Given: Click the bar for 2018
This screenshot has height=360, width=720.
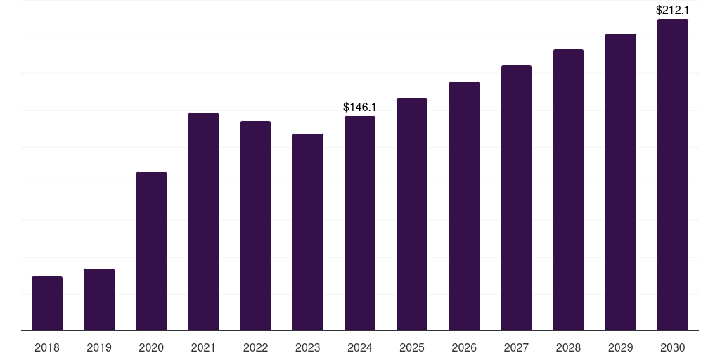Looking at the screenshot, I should (x=47, y=304).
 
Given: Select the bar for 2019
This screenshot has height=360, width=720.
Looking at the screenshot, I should (x=99, y=300).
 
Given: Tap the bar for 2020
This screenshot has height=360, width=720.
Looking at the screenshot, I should (x=151, y=251).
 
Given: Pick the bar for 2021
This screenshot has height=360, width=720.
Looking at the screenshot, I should (x=203, y=221).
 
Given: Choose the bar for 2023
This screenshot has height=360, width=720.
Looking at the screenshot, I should (x=308, y=232).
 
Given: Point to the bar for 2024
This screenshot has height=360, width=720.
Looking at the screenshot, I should (x=360, y=224).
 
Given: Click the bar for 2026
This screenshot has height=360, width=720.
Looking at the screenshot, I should (x=464, y=206).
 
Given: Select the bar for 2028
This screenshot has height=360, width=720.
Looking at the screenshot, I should (x=568, y=190).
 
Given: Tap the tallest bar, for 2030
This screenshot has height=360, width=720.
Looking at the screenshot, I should (x=673, y=175).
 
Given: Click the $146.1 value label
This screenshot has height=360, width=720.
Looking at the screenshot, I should (x=360, y=108).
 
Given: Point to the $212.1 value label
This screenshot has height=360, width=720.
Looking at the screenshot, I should (x=673, y=11).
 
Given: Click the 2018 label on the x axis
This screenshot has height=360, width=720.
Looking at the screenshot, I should (x=47, y=347).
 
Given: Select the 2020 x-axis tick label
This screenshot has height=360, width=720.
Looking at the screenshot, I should (x=151, y=347).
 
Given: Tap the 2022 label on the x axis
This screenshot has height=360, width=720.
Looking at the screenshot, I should (x=256, y=347).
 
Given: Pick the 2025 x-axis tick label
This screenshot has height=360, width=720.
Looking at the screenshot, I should (x=412, y=347).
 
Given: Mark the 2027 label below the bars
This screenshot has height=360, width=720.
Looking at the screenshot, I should (x=516, y=347).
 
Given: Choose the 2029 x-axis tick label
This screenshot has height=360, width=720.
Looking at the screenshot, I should (x=621, y=347).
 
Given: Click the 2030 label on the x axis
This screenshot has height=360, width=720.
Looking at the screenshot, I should (x=673, y=347).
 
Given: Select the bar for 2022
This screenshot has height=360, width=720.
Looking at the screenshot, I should (x=256, y=226).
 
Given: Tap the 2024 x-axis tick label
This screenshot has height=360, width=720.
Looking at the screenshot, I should (x=360, y=347).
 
